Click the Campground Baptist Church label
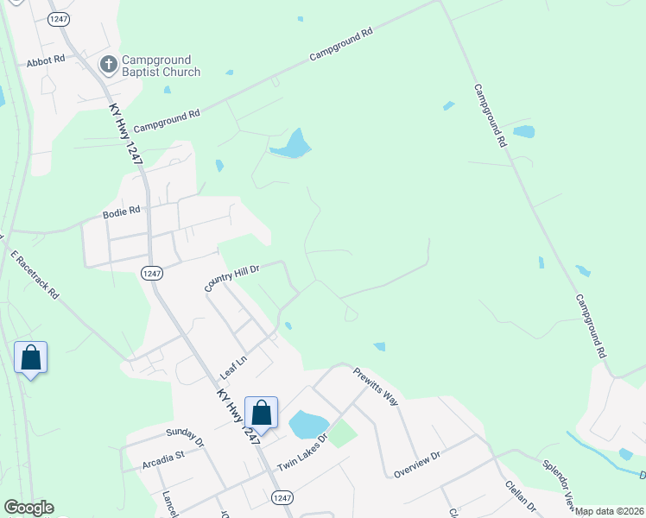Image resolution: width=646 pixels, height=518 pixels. click(161, 66)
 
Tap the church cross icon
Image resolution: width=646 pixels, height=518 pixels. click(109, 65)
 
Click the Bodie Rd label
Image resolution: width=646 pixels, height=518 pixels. click(121, 212)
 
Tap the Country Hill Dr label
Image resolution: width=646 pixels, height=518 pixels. click(232, 278)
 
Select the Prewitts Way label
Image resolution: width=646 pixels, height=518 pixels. click(376, 387)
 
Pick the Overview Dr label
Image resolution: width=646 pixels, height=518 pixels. click(417, 464)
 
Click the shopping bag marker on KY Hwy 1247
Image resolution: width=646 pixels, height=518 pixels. click(262, 413)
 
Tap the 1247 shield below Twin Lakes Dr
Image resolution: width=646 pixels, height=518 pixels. click(281, 497)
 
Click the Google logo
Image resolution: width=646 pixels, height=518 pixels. click(28, 508)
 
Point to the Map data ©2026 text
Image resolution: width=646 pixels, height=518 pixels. click(610, 511)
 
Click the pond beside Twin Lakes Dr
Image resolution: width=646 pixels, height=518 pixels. click(307, 425)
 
